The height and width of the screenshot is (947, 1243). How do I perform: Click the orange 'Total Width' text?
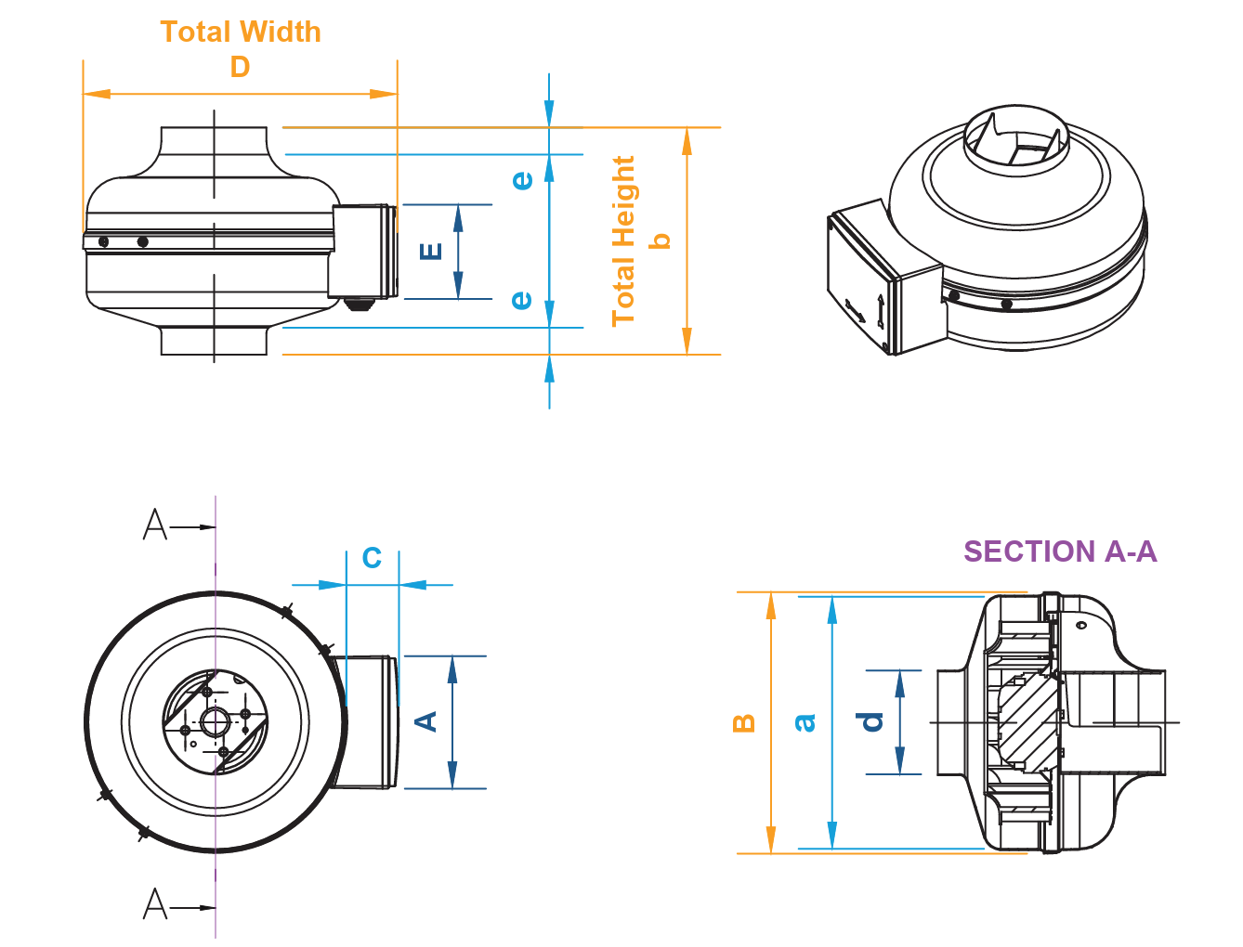pyautogui.click(x=241, y=32)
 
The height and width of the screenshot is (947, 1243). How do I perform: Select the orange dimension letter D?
pyautogui.click(x=240, y=67)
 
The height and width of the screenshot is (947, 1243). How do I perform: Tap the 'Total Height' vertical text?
pyautogui.click(x=623, y=240)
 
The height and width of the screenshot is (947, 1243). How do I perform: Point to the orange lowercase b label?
pyautogui.click(x=660, y=240)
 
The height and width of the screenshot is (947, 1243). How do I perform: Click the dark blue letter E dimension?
pyautogui.click(x=431, y=251)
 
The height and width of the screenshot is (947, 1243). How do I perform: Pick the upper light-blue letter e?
pyautogui.click(x=523, y=179)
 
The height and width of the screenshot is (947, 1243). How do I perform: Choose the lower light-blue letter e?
pyautogui.click(x=522, y=300)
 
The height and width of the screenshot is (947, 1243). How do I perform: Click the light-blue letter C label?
pyautogui.click(x=372, y=558)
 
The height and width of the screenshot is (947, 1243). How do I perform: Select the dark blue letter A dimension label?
pyautogui.click(x=425, y=721)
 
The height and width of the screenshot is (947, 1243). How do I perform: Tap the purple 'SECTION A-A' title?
pyautogui.click(x=1060, y=551)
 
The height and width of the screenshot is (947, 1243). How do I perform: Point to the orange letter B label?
pyautogui.click(x=744, y=722)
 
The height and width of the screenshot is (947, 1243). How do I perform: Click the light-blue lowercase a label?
pyautogui.click(x=805, y=722)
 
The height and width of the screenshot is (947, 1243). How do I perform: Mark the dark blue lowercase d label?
pyautogui.click(x=871, y=721)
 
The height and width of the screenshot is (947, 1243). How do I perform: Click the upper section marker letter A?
pyautogui.click(x=155, y=525)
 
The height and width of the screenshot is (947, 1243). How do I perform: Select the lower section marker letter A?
pyautogui.click(x=155, y=903)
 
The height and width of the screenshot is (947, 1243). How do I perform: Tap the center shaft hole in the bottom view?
pyautogui.click(x=216, y=721)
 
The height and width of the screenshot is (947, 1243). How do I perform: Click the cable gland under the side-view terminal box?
pyautogui.click(x=358, y=304)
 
